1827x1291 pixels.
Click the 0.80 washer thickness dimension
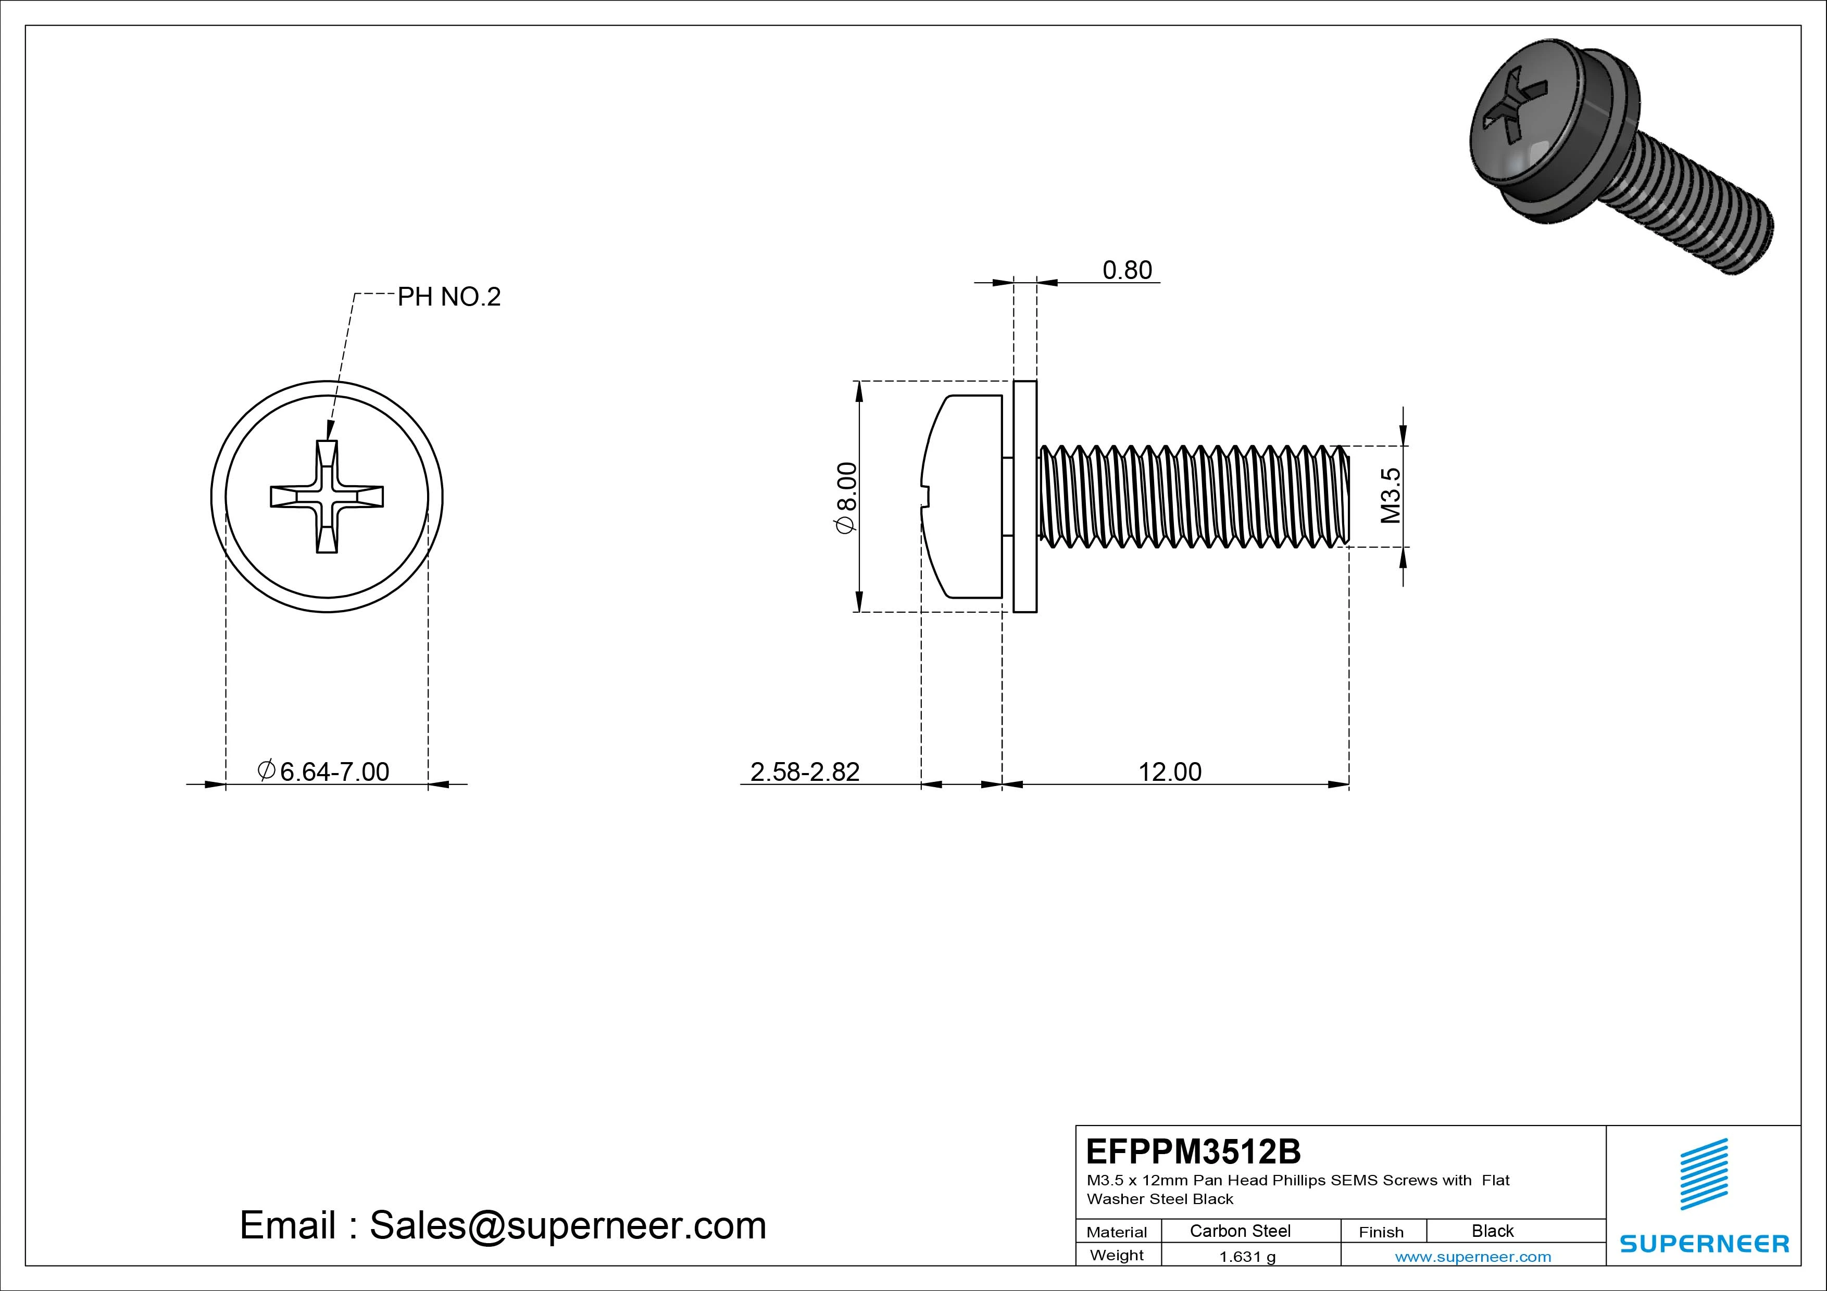coord(1127,271)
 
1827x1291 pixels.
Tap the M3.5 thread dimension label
coord(1390,496)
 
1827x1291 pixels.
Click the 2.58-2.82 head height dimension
coord(805,771)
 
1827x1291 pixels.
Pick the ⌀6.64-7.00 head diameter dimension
coord(324,771)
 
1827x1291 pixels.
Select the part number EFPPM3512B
coord(1193,1151)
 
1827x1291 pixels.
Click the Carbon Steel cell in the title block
coord(1240,1231)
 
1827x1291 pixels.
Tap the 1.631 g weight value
coord(1247,1257)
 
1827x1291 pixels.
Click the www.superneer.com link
coord(1473,1257)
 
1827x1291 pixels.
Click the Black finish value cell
coord(1492,1231)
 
